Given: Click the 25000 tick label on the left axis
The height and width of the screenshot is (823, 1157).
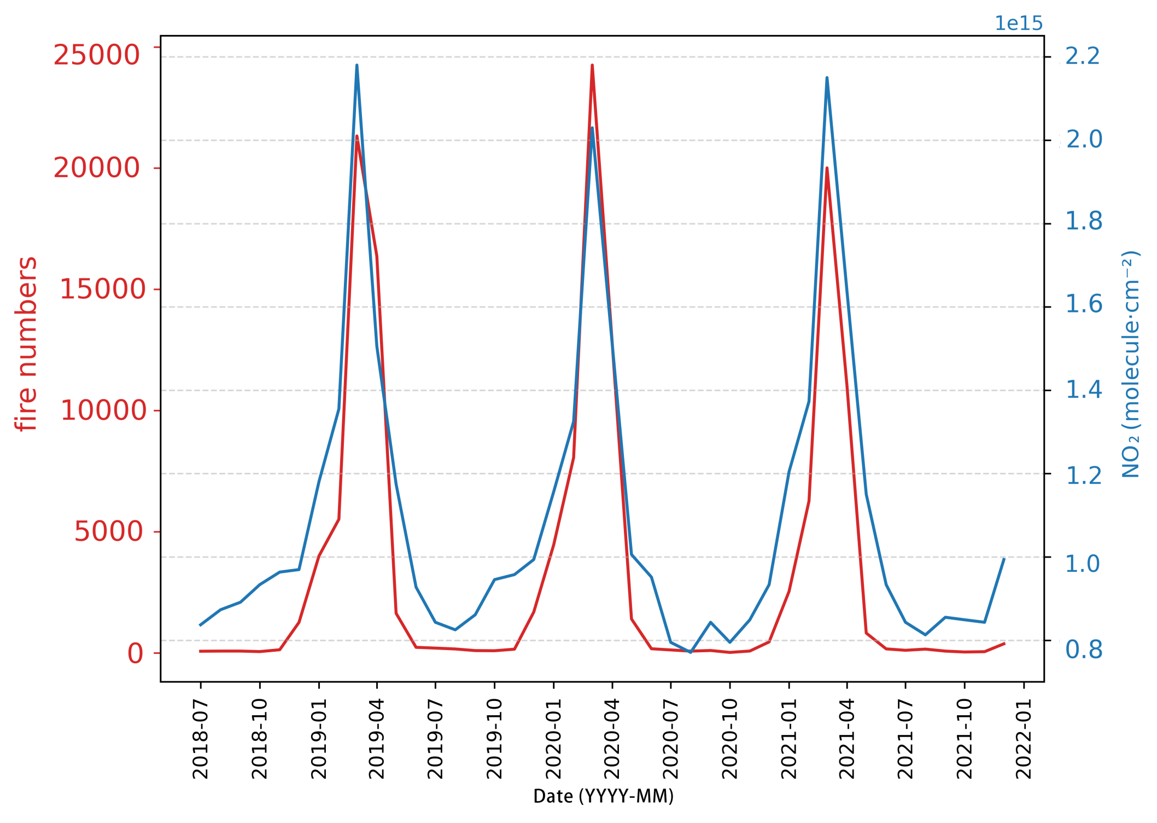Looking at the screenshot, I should tap(96, 55).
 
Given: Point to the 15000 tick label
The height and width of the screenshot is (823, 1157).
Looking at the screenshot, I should tap(102, 289).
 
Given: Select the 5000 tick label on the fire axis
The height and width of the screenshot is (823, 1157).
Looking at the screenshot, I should tap(108, 532).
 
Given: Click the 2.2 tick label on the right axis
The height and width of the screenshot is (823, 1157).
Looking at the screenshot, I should tap(1083, 56).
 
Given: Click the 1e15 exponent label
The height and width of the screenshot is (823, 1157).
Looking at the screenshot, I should tap(1019, 24).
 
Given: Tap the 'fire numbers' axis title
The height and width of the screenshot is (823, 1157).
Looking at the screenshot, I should tap(26, 344).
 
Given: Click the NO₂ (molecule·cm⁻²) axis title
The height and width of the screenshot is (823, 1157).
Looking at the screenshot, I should tap(1130, 364).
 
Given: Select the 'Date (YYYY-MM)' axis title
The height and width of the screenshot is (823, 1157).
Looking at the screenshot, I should tap(603, 796).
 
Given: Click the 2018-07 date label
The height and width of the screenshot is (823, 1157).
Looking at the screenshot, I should tap(201, 739).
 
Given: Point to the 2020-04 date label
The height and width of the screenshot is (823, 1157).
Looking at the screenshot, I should tap(612, 739).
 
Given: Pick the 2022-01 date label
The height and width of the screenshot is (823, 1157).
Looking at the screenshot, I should tap(1024, 739).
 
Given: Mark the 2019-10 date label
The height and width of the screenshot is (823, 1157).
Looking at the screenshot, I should tap(494, 739).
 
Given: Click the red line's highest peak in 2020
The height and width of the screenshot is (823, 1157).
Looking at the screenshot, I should tap(592, 65).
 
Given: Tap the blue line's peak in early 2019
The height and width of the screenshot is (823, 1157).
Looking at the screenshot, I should tap(357, 65).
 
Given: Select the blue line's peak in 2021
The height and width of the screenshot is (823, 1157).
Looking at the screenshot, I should tap(827, 78).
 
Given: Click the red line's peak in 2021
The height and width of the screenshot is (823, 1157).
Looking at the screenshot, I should tap(827, 168).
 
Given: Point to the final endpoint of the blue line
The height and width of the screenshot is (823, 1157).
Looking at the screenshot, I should tap(1004, 559).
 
